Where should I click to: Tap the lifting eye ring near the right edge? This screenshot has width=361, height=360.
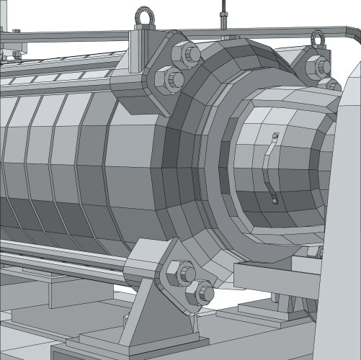(x=318, y=37)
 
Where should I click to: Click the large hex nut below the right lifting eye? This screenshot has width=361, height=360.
(x=318, y=67)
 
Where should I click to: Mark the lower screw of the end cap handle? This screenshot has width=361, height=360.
(x=275, y=201)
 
